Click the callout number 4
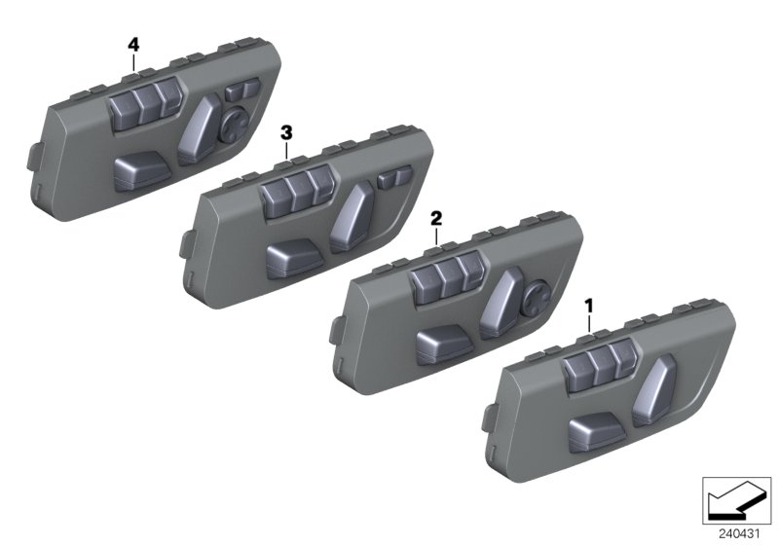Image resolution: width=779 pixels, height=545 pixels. coord(133,45)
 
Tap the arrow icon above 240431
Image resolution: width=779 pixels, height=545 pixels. coord(738,502)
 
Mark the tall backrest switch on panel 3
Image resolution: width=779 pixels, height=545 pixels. coord(352,216)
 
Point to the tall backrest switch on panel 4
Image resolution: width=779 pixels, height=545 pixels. coord(200,127)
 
